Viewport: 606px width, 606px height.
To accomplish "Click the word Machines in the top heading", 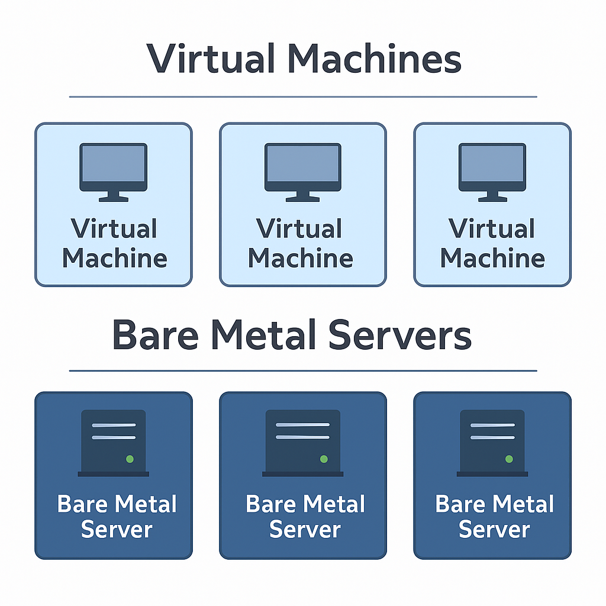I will coord(375,59).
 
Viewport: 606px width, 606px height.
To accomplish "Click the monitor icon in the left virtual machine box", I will coord(113,169).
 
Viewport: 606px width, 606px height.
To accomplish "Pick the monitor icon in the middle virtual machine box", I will coord(302,169).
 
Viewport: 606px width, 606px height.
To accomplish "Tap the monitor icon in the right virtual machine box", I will coord(492,169).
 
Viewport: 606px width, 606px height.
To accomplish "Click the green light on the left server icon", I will coord(130,459).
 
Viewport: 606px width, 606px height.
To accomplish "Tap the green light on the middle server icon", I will coord(324,459).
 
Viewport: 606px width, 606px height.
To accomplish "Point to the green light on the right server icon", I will coord(509,459).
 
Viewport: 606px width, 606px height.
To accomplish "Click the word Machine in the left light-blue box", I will coord(114,258).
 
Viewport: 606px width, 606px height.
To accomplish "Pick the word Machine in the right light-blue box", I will coord(492,258).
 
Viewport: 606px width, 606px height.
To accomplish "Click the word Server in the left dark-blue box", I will coord(117,529).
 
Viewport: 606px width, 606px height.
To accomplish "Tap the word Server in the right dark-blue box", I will coord(494,529).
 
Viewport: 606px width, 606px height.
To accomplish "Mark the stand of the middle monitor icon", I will coord(302,197).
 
